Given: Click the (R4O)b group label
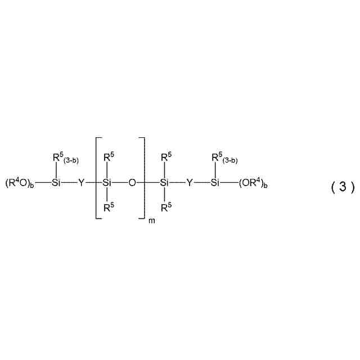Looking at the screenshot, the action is [x=20, y=183].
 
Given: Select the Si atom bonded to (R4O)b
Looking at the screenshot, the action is [x=55, y=183].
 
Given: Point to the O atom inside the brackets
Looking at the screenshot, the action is [x=133, y=183].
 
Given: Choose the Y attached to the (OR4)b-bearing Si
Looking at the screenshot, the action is [x=189, y=183].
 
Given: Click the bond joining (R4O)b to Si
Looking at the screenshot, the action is [x=42, y=183].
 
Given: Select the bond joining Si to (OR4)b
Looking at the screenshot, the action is [x=229, y=183].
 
